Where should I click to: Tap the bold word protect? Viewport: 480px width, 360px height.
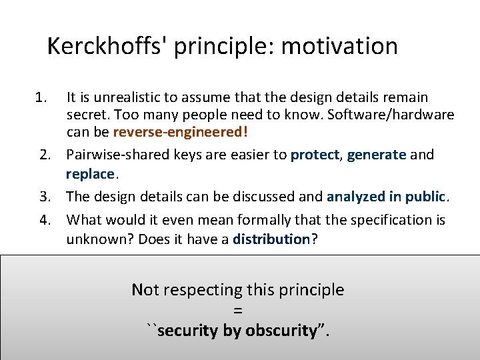pyautogui.click(x=315, y=155)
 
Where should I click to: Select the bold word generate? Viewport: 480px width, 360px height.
pyautogui.click(x=377, y=155)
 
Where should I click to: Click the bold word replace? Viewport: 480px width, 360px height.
pyautogui.click(x=91, y=174)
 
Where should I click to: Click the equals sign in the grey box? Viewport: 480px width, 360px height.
pyautogui.click(x=238, y=310)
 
